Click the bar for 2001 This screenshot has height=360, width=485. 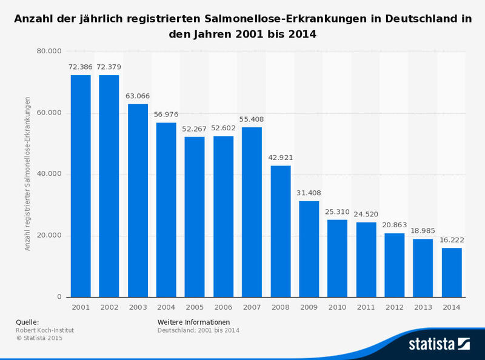(81, 186)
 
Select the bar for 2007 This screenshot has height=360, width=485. (252, 212)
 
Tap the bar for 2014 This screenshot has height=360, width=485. (452, 272)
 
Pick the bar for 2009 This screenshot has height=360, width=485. (309, 248)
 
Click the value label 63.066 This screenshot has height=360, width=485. (138, 96)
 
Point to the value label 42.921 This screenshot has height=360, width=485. (281, 158)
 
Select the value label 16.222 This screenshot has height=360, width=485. (452, 240)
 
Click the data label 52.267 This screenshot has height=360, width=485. (195, 128)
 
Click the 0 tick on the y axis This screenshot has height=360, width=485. (59, 297)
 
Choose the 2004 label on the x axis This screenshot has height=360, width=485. (166, 307)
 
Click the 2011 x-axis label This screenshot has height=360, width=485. (366, 307)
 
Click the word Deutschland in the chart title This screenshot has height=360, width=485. (418, 19)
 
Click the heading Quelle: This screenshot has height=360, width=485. (27, 322)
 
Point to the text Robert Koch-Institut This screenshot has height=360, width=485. (45, 330)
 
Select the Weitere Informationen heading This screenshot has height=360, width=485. (193, 322)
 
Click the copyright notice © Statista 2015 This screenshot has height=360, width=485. (39, 338)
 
